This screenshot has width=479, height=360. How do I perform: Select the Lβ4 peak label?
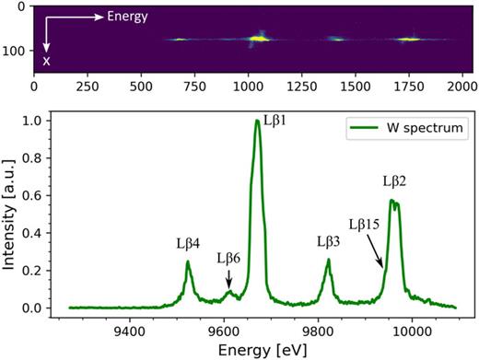pos(188,244)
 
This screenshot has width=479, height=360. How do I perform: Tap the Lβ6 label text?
pos(230,259)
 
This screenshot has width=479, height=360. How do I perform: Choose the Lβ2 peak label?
pos(395,180)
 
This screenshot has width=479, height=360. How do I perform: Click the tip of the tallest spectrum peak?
pos(257,121)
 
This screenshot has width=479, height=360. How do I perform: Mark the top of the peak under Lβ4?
pos(188,261)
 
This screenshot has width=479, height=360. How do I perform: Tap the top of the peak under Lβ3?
pos(329,259)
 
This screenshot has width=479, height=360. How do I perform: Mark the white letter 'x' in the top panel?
pos(47,62)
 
